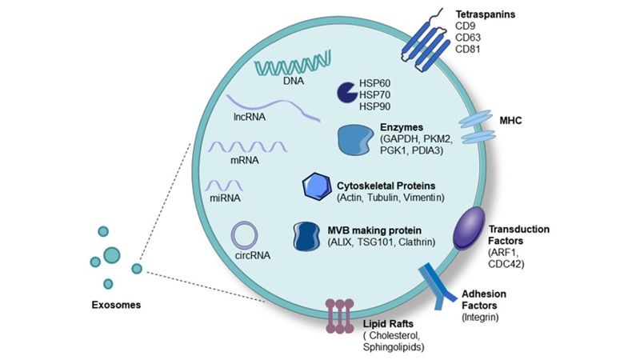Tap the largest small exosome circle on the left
pyautogui.click(x=111, y=254)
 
